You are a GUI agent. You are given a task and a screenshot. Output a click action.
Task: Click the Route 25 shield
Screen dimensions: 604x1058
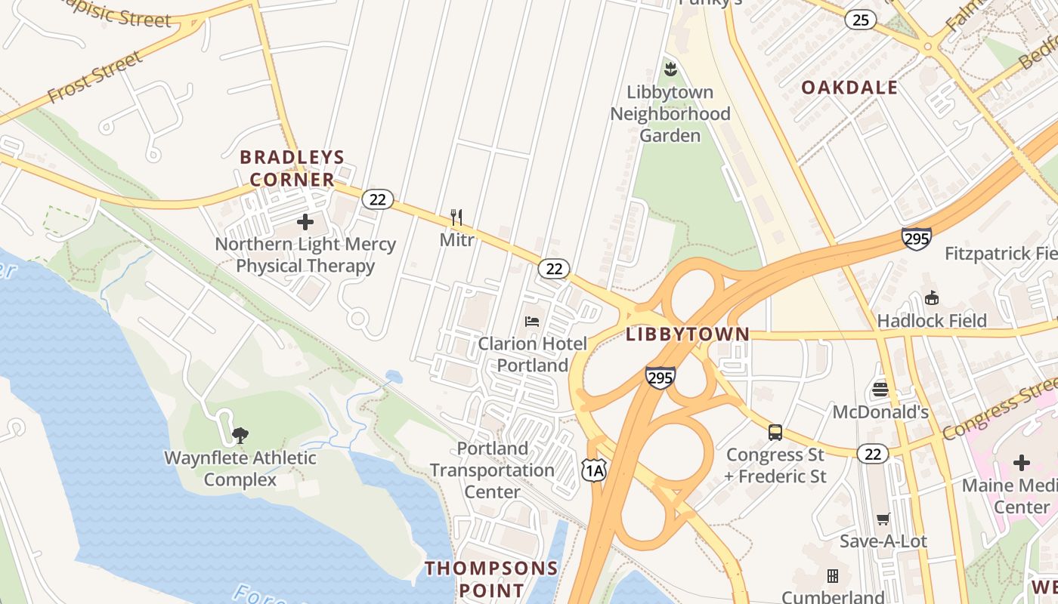pyautogui.click(x=861, y=20)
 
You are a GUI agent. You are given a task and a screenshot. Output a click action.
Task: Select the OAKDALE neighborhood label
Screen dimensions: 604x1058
pyautogui.click(x=849, y=88)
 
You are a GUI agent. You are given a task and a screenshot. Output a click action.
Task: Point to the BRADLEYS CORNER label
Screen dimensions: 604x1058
pyautogui.click(x=292, y=168)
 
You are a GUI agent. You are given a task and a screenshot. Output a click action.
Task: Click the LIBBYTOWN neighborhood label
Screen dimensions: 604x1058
pyautogui.click(x=688, y=334)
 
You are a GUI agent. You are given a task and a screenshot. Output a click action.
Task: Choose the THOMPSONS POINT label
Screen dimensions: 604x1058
pyautogui.click(x=491, y=578)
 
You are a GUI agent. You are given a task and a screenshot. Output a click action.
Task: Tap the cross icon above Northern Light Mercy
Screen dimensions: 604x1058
pyautogui.click(x=305, y=222)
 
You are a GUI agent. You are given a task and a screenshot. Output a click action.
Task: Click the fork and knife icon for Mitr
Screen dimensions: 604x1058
pyautogui.click(x=456, y=218)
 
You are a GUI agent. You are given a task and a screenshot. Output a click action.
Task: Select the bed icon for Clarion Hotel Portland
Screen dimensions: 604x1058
pyautogui.click(x=532, y=322)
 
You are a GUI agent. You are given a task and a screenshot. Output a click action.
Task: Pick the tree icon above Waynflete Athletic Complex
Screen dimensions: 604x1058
pyautogui.click(x=240, y=435)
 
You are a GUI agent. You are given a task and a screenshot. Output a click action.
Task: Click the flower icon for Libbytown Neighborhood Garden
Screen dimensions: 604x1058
pyautogui.click(x=670, y=70)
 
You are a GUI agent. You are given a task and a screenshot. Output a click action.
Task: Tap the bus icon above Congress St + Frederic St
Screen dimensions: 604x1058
pyautogui.click(x=775, y=433)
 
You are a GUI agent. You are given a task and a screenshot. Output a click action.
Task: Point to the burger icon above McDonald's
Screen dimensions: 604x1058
pyautogui.click(x=880, y=390)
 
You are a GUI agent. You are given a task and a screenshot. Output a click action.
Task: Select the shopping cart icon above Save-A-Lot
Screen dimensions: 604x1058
pyautogui.click(x=883, y=519)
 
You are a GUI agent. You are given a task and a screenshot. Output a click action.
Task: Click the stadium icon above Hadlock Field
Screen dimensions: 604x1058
pyautogui.click(x=931, y=298)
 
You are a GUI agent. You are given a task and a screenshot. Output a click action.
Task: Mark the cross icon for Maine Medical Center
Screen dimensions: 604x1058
pyautogui.click(x=1022, y=462)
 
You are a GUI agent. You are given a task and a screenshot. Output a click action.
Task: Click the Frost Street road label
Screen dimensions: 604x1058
pyautogui.click(x=94, y=77)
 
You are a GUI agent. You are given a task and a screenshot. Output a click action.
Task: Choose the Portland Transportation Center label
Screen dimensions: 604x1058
pyautogui.click(x=493, y=470)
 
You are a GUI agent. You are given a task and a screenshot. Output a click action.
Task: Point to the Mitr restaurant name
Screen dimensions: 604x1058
pyautogui.click(x=456, y=240)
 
